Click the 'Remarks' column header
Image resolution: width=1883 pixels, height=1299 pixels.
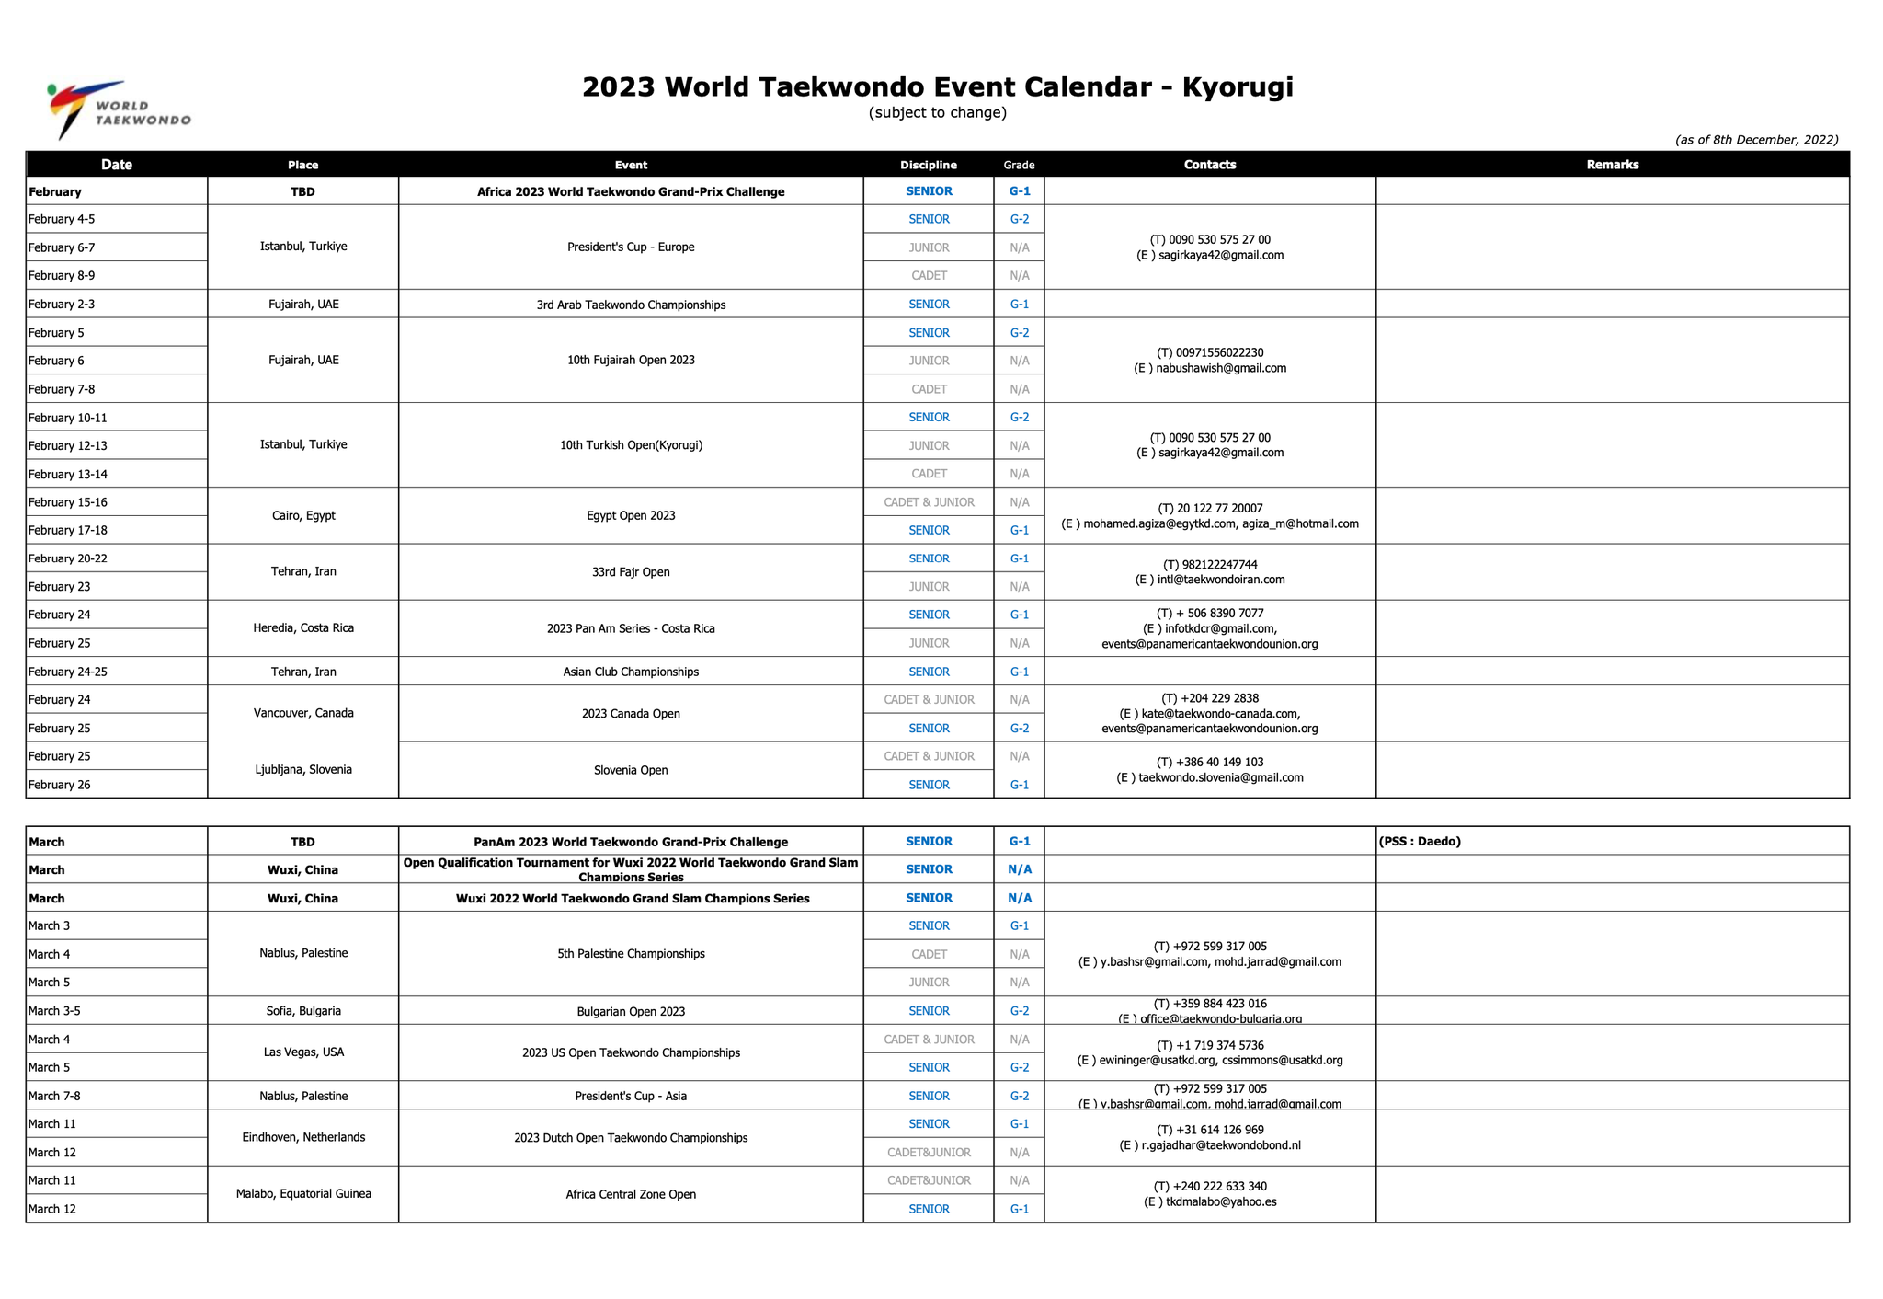coord(1612,165)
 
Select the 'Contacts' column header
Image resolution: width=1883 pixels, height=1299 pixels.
coord(1209,165)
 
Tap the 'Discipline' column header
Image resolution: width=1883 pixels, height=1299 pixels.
coord(928,165)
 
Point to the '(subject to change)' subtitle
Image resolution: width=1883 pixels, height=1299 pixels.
coord(937,113)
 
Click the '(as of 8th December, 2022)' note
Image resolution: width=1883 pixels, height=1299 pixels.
coord(1756,140)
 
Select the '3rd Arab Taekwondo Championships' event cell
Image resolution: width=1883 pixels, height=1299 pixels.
coord(631,305)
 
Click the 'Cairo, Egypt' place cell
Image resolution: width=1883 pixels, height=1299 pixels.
coord(303,515)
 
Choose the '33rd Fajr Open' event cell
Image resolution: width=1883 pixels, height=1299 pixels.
coord(631,572)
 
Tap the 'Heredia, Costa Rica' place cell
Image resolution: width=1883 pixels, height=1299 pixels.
coord(303,628)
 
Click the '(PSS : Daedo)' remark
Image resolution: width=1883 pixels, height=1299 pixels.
coord(1420,841)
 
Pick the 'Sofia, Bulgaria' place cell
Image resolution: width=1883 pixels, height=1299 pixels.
coord(303,1011)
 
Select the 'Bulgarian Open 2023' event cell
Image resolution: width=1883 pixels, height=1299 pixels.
coord(631,1011)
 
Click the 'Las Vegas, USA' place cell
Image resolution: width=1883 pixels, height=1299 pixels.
coord(303,1052)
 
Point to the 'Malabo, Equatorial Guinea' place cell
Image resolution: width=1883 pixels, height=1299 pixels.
coord(303,1194)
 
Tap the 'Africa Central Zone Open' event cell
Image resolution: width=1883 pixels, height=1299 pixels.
coord(631,1194)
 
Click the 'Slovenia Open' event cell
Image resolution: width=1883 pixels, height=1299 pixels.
coord(631,770)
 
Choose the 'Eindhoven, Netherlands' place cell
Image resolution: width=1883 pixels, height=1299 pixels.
coord(303,1137)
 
